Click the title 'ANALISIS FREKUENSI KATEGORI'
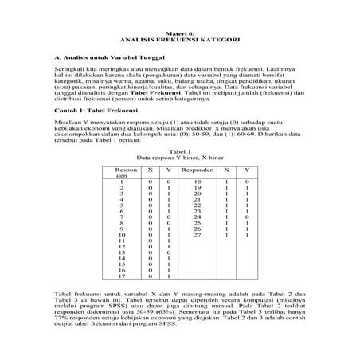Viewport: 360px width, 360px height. click(x=179, y=37)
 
